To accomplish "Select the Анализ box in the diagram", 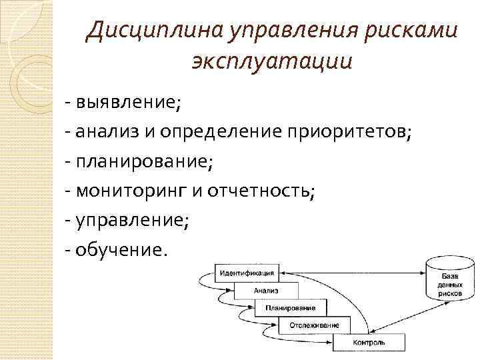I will click(266, 291).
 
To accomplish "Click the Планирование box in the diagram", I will click(290, 308).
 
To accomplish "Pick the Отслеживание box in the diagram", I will click(314, 325).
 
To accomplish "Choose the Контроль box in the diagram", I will click(369, 343).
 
